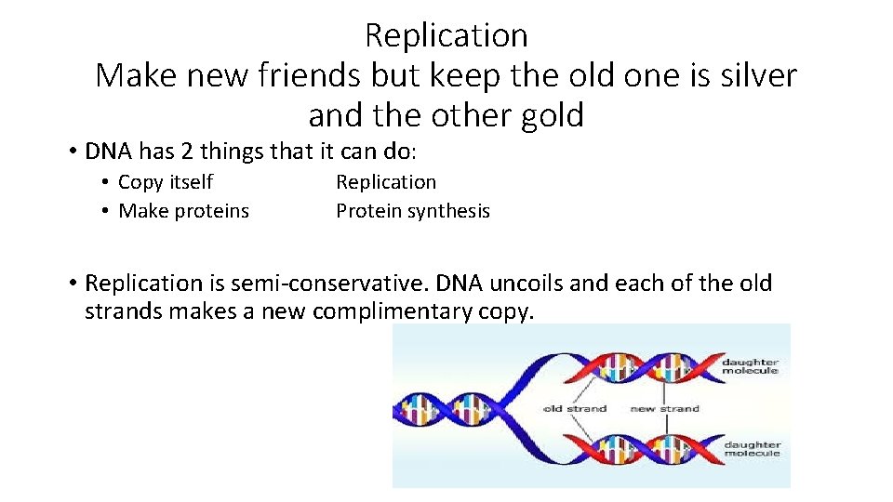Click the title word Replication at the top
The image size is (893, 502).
point(446,35)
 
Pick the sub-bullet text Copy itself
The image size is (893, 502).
point(166,182)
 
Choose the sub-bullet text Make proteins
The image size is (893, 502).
point(184,211)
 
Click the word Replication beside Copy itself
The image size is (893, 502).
point(386,182)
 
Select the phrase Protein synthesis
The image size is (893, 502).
point(413,211)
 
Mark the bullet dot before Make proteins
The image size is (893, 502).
point(108,212)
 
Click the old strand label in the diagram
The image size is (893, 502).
point(575,408)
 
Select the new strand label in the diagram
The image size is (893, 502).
point(664,408)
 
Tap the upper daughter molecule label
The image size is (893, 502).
point(752,365)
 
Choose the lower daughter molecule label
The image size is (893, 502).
point(752,448)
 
